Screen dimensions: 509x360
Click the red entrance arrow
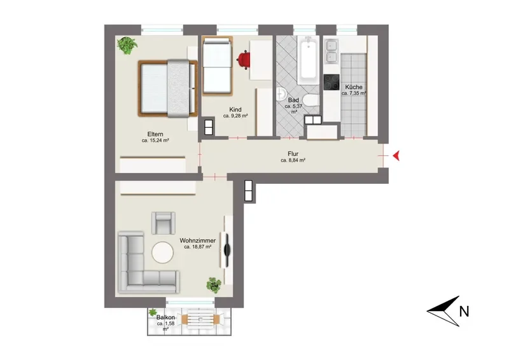[396, 156]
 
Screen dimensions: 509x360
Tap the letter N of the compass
[464, 312]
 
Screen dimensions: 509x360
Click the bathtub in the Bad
[308, 60]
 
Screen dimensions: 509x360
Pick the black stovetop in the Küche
[331, 82]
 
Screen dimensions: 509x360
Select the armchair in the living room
[164, 223]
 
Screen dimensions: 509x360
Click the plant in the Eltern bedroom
[127, 45]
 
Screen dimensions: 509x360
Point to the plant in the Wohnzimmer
[214, 285]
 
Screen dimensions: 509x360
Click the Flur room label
[293, 154]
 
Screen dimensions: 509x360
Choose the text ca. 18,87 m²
[198, 247]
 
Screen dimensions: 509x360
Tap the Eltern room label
[155, 134]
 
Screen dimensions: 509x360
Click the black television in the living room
[227, 249]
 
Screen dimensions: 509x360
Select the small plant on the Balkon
[152, 312]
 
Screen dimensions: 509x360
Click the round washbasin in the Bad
[280, 94]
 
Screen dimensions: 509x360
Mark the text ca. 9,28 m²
[235, 116]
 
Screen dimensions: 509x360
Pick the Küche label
[354, 87]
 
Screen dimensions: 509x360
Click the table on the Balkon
[201, 319]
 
